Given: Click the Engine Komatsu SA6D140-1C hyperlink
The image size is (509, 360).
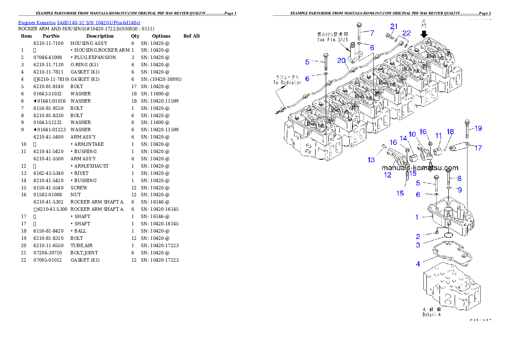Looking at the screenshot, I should [79, 22].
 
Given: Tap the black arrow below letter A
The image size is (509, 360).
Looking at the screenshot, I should [424, 34].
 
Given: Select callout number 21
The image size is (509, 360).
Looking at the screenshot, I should [394, 27].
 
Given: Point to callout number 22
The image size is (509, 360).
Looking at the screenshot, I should [406, 33].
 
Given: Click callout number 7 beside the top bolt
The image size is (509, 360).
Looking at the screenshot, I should [372, 32].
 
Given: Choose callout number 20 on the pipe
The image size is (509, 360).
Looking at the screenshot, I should [341, 61].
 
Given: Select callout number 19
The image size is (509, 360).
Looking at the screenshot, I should [478, 128].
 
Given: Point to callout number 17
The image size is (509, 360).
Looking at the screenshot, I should [478, 148].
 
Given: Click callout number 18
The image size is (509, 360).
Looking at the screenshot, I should [450, 131].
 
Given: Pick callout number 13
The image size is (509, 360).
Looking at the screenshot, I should [371, 160].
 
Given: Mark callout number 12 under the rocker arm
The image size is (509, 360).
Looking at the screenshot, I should [387, 174].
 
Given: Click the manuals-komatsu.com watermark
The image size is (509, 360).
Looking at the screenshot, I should [420, 168].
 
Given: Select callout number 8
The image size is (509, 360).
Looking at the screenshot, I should [459, 178].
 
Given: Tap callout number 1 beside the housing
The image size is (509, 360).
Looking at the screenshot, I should [417, 217].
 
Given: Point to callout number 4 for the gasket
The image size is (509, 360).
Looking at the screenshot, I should [418, 264].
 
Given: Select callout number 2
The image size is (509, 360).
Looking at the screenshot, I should [418, 236].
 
